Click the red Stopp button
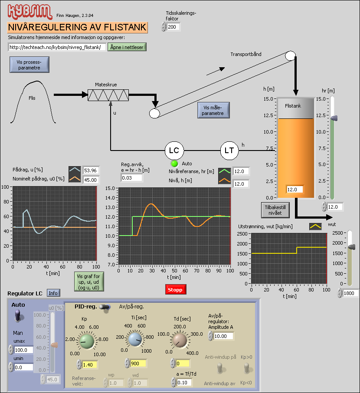tap(175, 289)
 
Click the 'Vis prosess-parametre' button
tap(29, 65)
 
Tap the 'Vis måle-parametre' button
tap(213, 110)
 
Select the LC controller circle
tap(174, 151)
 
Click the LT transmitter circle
tap(229, 151)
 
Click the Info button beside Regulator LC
tap(53, 293)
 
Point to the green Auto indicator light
tap(175, 164)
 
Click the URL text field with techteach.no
tap(57, 47)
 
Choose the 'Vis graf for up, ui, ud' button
tap(88, 282)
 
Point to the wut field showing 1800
tap(350, 294)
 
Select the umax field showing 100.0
tap(24, 350)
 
